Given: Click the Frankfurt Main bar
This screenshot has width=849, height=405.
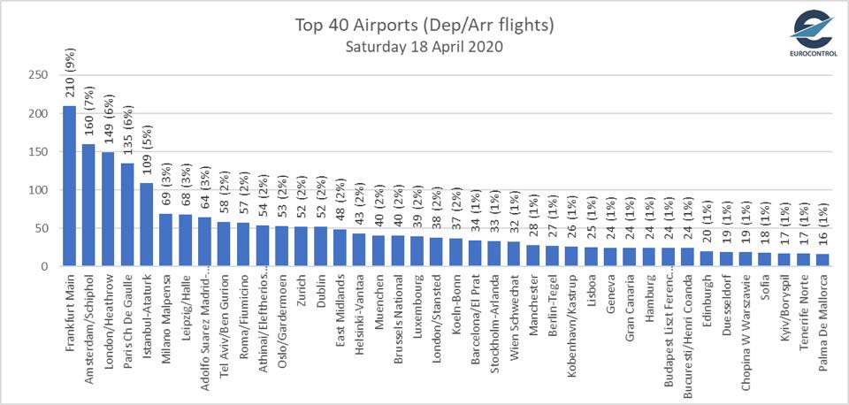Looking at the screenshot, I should (69, 186).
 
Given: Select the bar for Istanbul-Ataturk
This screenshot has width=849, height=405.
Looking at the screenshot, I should (147, 225).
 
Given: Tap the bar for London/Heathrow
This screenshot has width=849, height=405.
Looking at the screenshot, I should (108, 209).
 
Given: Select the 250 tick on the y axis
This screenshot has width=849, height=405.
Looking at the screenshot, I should (38, 76).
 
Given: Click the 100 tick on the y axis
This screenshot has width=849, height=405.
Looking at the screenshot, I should (38, 190).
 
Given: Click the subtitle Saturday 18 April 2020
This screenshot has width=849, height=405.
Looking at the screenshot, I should (424, 47).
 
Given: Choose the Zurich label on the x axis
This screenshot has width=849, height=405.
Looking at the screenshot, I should (302, 293).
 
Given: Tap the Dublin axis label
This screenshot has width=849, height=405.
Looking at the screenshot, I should (322, 293).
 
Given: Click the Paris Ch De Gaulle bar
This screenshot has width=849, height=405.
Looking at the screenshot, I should (127, 215).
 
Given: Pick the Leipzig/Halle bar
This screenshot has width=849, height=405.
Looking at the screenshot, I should (186, 241).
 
